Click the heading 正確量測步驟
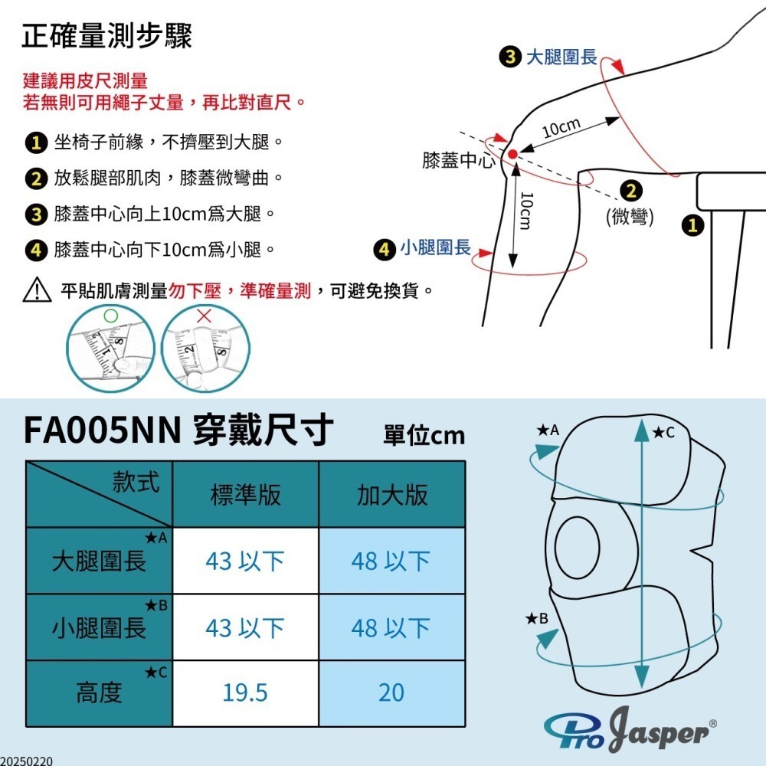coord(107,36)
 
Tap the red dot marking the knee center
coord(512,154)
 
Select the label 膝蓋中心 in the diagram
coord(459,161)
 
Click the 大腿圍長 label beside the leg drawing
coord(561,57)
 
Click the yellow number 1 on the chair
coord(693,225)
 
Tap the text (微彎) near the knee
coord(630,217)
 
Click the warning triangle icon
coord(38,291)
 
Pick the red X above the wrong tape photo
coord(204,315)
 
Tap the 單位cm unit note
coord(424,435)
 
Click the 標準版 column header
coord(245,495)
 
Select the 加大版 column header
coord(392,495)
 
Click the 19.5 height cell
coord(245,693)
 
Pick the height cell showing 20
coord(391,693)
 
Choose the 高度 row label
coord(99,693)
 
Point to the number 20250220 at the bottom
coord(28,761)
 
